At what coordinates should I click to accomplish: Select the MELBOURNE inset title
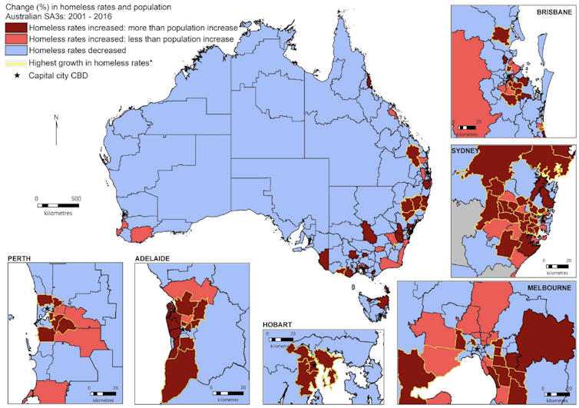tap(545, 287)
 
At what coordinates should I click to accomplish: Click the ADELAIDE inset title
tap(154, 259)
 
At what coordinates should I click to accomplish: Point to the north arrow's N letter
tap(57, 118)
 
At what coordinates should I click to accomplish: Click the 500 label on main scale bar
tap(76, 198)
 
